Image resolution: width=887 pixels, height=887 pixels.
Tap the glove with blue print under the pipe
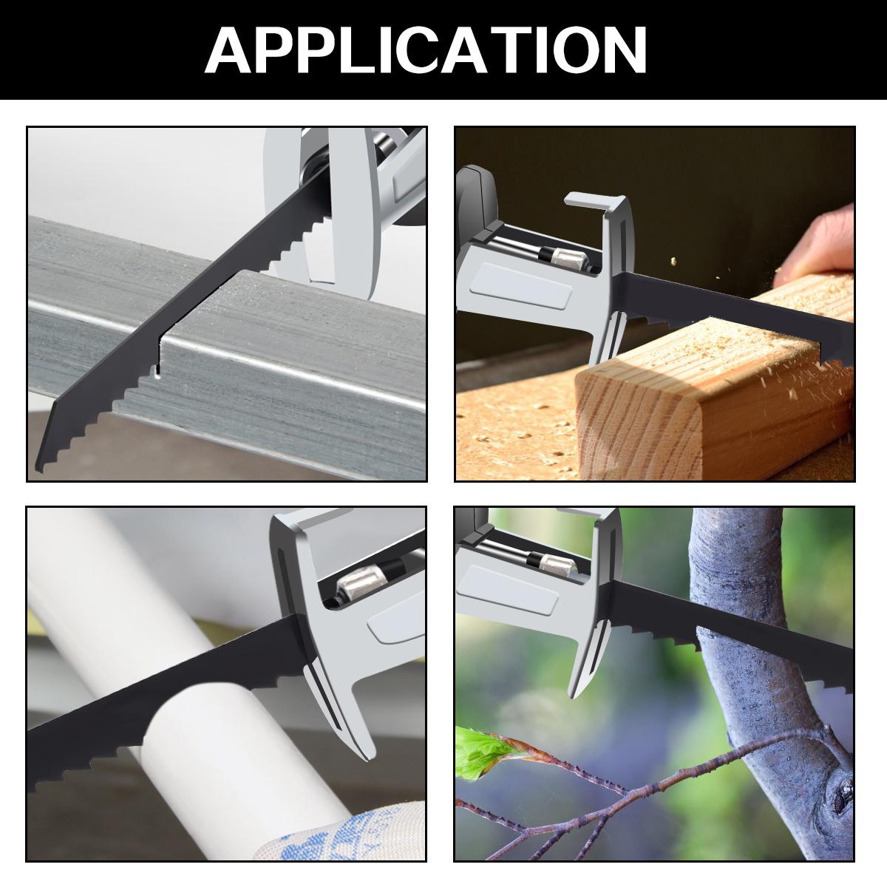pos(347,835)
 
